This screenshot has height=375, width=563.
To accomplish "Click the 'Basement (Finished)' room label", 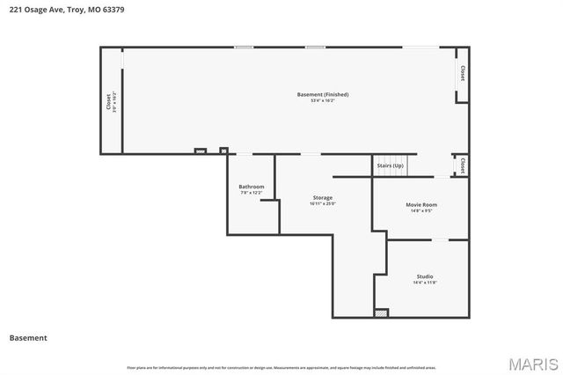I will pos(323,94).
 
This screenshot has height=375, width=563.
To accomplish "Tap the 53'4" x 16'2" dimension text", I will pos(323,101).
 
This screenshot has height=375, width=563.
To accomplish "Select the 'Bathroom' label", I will pos(252,186).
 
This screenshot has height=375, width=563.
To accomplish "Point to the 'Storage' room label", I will pos(323,197).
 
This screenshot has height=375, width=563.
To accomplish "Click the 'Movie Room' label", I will pos(420,204).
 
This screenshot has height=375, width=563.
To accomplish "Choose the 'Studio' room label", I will pos(425,276).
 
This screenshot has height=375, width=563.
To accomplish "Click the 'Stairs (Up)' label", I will pos(390,165).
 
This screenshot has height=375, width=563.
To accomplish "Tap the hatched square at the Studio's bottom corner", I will pos(381,312).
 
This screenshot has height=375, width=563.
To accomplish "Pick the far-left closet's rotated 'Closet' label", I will pos(109,102).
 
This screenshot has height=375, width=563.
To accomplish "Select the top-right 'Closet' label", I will pos(462,74).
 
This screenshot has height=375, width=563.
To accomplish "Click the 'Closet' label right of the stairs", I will pos(462,165).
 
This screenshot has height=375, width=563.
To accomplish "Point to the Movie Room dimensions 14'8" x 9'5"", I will pos(420,211).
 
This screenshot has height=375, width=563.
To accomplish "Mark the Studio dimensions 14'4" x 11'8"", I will pos(425,283).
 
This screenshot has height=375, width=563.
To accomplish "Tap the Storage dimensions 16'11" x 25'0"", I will pos(323,204).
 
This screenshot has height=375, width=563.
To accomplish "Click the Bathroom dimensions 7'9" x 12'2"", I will pos(252,193).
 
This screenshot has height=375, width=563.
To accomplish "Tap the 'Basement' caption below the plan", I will pos(28,338).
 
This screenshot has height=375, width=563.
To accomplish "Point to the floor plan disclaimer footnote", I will pos(281,367).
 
